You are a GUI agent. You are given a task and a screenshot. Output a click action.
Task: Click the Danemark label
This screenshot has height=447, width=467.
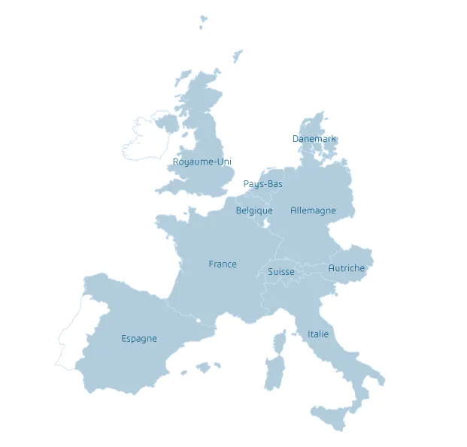click(x=314, y=139)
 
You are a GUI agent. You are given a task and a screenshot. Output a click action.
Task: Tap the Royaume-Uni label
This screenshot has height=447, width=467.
click(x=202, y=162)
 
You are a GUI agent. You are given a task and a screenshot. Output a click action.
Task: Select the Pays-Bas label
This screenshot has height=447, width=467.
click(x=263, y=184)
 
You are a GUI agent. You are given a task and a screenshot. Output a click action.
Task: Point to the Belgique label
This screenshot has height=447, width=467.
click(x=254, y=211)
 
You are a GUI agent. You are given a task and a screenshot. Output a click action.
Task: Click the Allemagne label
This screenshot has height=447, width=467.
click(x=313, y=211)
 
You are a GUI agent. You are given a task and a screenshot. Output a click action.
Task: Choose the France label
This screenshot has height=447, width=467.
click(x=223, y=264)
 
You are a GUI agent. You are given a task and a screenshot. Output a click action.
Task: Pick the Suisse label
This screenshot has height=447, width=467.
click(x=281, y=272)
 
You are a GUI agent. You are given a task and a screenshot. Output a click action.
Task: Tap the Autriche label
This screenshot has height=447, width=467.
click(x=347, y=268)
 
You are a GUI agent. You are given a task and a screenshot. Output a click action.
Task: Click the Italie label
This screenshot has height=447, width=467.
click(x=318, y=334)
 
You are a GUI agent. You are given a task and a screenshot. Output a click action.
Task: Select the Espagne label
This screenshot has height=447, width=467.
click(x=139, y=339)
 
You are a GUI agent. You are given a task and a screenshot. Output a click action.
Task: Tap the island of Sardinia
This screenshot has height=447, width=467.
click(x=274, y=373)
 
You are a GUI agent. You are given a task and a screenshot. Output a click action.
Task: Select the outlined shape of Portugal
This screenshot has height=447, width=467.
click(x=72, y=334)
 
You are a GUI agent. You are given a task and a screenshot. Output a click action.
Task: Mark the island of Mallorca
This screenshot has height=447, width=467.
click(x=202, y=367)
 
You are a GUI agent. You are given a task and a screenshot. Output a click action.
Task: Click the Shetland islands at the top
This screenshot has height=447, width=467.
click(x=203, y=21)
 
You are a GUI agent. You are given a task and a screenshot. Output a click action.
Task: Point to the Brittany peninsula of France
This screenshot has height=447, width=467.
click(x=169, y=223)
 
